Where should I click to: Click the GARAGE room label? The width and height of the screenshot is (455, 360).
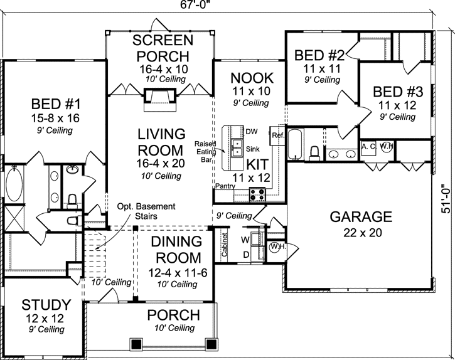361,217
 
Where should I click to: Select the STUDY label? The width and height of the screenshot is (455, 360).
46,305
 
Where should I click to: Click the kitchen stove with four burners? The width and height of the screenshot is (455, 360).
257,194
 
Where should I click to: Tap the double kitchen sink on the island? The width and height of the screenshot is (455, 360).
238,147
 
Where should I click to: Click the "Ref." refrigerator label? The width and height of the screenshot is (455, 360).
278,135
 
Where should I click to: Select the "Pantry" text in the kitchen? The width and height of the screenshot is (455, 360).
225,186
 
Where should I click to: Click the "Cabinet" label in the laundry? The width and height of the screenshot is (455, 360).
225,244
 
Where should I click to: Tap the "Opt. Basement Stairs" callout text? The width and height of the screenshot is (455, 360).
146,211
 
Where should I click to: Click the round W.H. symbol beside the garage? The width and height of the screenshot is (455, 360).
274,248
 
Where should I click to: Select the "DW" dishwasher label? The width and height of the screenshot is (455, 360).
251,132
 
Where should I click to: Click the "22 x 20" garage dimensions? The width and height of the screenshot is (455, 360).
363,233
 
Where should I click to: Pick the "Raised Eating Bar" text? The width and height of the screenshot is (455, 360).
205,151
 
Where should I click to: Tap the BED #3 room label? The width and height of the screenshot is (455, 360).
398,92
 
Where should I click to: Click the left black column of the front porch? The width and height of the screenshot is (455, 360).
135,344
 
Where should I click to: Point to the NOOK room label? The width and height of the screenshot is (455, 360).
252,78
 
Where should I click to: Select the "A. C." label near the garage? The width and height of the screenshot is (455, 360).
368,147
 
